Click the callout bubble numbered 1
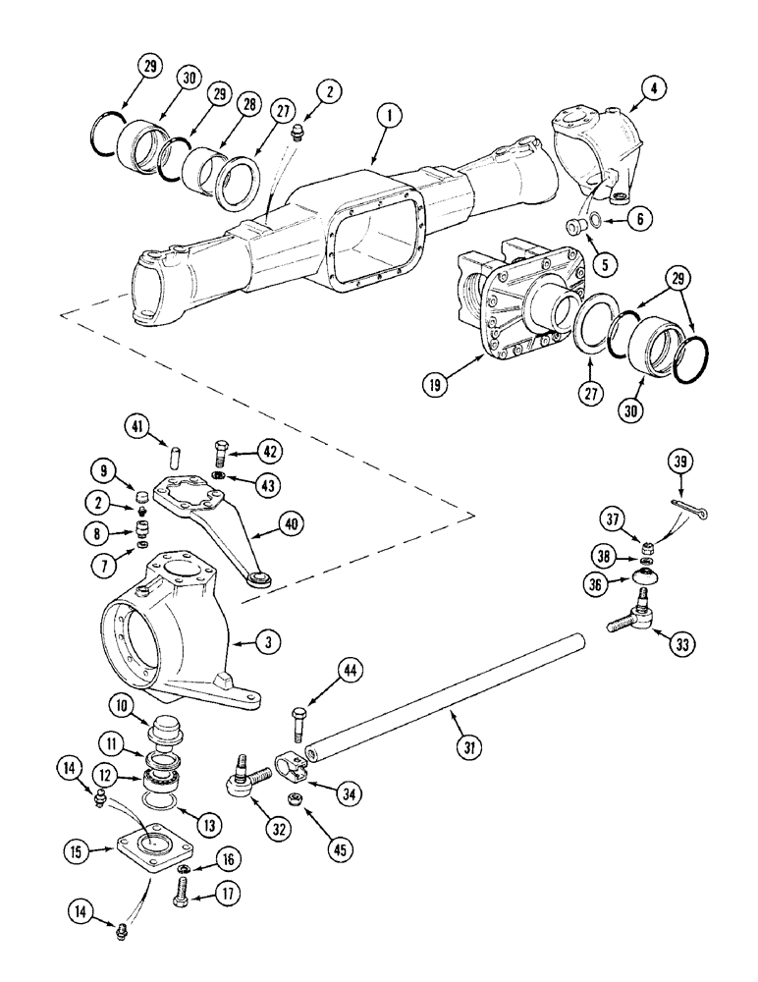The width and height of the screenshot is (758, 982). point(390,118)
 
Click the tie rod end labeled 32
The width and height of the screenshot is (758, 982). point(244,781)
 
